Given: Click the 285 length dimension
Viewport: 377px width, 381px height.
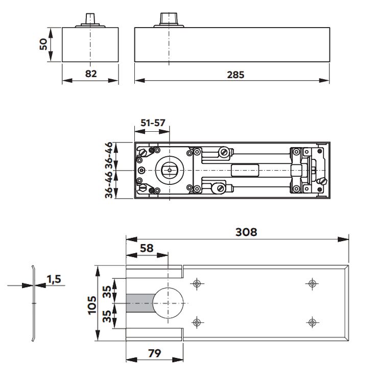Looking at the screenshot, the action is (235, 75).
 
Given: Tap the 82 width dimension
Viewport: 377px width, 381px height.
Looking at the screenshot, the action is (91, 74).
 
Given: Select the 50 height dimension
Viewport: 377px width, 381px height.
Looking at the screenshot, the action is (43, 44).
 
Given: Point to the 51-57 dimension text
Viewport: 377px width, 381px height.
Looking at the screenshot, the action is (153, 123).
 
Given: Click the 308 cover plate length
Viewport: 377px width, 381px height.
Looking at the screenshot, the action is (246, 232).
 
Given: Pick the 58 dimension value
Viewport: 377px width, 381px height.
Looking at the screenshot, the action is (147, 248).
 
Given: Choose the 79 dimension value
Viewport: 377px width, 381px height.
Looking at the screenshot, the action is (154, 353).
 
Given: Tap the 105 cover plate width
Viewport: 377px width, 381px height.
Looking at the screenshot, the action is (92, 305).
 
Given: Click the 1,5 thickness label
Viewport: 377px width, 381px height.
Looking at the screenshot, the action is (54, 279).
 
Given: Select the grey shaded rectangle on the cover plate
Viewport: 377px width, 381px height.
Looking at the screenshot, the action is (140, 303).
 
